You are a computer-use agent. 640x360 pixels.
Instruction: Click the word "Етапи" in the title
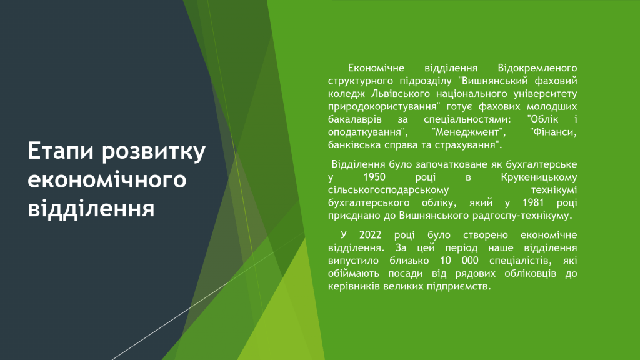[x=61, y=152]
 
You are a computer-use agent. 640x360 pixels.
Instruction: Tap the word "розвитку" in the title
[x=154, y=152]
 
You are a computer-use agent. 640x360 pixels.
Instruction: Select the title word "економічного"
[x=107, y=180]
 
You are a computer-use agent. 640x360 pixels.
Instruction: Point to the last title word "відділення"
[x=91, y=207]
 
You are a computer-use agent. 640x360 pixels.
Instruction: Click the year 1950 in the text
[x=374, y=177]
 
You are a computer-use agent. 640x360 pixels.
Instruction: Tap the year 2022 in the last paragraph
[x=370, y=235]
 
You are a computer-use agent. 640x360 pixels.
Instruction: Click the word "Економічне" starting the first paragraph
[x=376, y=67]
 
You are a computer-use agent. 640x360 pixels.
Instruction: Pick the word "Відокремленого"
[x=537, y=67]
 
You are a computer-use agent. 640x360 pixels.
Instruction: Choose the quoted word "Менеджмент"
[x=469, y=132]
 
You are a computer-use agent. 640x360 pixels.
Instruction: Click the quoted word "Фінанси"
[x=553, y=132]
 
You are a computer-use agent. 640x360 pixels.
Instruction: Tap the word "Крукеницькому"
[x=539, y=177]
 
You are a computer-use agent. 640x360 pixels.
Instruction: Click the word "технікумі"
[x=554, y=190]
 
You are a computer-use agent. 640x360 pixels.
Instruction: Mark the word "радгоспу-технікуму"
[x=522, y=216]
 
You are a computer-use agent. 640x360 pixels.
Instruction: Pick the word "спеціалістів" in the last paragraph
[x=521, y=261]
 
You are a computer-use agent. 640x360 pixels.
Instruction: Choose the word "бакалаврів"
[x=355, y=119]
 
